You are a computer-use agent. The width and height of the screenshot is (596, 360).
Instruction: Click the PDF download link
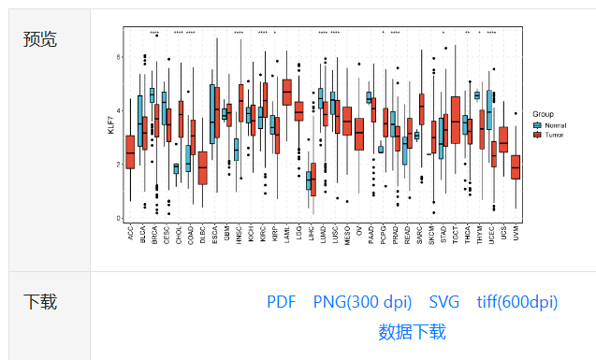point(281,302)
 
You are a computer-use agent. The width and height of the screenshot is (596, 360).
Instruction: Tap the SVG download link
point(444,302)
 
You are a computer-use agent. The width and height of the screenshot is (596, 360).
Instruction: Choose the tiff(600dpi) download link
point(516,302)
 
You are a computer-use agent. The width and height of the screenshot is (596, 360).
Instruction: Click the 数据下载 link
point(412,331)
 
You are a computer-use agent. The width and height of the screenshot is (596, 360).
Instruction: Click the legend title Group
point(543,114)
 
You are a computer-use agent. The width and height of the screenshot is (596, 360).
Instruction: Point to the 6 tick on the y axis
point(118,57)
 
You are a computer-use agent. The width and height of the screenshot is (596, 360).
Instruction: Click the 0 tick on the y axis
point(118,219)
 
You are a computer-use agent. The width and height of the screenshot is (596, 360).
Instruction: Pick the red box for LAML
point(286,92)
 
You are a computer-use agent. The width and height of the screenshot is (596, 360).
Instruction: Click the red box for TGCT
point(455,120)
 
